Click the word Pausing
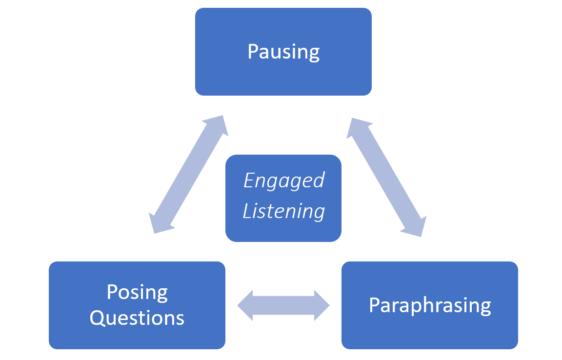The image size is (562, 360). coord(283,52)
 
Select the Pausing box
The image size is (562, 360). coord(283,52)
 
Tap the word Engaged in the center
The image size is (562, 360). coord(284,180)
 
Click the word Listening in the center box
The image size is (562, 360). coord(284,211)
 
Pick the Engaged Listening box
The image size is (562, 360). coord(283,198)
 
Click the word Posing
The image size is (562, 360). coord(137,293)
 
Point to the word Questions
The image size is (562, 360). coord(137,318)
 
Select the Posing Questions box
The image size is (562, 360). coord(137,305)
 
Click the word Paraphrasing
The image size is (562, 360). coord(430,306)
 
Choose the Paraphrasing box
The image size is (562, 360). coord(430,305)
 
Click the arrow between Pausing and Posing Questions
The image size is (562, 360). coord(188,174)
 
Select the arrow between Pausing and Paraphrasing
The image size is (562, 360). coord(386,177)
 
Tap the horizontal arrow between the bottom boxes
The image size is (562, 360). coord(283,305)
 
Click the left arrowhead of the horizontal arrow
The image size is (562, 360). coord(245,305)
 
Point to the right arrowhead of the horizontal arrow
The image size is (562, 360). coord(322,305)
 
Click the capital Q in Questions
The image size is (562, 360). coord(97,318)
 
